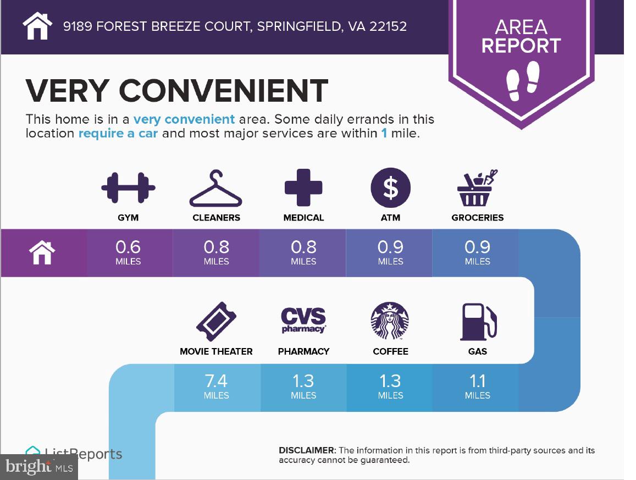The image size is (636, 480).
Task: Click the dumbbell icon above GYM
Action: (128, 188)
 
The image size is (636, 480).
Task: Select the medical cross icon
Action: (303, 187)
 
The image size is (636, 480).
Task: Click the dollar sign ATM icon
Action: (391, 187)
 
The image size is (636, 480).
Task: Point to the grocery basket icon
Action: (477, 188)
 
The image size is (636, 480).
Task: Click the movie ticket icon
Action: (216, 322)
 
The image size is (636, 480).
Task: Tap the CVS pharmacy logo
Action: (303, 320)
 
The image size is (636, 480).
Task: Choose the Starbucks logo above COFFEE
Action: (390, 321)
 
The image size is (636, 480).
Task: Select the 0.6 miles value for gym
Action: (128, 252)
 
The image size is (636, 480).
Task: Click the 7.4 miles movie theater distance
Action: (216, 387)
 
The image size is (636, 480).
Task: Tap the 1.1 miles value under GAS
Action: (477, 387)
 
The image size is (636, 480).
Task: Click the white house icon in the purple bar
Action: (42, 252)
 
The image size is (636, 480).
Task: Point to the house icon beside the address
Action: (37, 26)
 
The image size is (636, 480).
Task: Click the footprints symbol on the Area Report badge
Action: (523, 81)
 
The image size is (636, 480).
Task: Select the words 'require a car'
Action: (118, 133)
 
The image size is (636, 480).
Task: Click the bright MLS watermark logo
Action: (39, 467)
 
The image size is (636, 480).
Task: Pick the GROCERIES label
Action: (477, 218)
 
